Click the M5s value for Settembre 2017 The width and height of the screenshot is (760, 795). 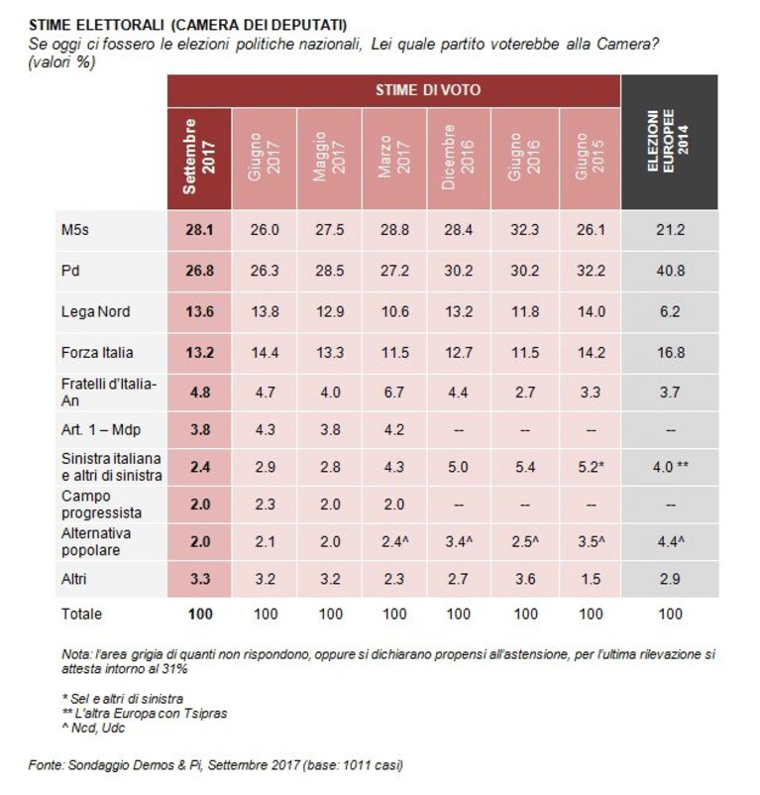199,230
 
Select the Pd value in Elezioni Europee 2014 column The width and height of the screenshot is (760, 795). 670,271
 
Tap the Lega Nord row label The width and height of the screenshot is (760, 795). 96,311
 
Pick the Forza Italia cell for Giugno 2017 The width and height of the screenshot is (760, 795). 265,352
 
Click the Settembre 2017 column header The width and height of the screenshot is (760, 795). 199,157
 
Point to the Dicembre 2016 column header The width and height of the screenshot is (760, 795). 458,158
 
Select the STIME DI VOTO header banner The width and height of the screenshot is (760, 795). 428,90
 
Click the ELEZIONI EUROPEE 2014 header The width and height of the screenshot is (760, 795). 669,141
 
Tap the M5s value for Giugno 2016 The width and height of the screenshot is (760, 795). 525,230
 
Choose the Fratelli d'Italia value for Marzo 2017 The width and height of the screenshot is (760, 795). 394,393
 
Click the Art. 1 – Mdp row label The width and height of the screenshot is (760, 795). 101,430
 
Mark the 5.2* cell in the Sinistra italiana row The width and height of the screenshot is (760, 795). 591,467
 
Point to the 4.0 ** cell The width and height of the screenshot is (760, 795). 670,467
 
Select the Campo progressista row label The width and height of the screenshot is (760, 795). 101,505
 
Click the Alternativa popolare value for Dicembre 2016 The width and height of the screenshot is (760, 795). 459,541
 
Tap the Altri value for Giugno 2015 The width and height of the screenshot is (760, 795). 591,579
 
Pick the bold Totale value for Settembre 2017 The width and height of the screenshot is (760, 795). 200,614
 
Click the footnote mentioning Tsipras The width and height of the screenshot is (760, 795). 145,714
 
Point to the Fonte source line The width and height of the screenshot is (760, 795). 216,764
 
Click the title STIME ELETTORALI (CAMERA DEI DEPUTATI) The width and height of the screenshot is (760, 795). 188,25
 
